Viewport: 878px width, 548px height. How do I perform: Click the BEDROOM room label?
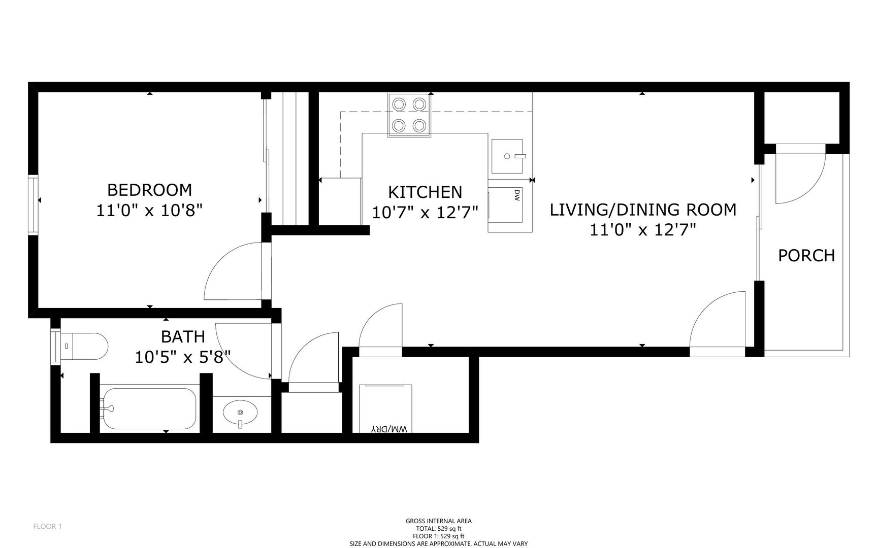pyautogui.click(x=150, y=190)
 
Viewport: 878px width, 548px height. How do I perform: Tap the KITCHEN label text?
pyautogui.click(x=425, y=192)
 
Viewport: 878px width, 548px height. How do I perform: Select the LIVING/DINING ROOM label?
pyautogui.click(x=643, y=210)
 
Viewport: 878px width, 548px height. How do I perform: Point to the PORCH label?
pyautogui.click(x=806, y=255)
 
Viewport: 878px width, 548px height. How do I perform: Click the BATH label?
pyautogui.click(x=183, y=336)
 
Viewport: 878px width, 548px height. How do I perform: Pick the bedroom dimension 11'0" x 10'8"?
pyautogui.click(x=150, y=210)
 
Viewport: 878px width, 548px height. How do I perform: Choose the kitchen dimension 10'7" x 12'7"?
pyautogui.click(x=425, y=212)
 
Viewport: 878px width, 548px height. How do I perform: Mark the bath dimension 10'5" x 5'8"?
pyautogui.click(x=183, y=357)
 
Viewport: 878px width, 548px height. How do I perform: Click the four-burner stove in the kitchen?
pyautogui.click(x=409, y=115)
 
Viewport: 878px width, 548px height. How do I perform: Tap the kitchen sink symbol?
pyautogui.click(x=507, y=156)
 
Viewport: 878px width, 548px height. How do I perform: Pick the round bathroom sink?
pyautogui.click(x=240, y=412)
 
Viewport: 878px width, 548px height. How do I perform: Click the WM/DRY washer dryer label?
pyautogui.click(x=389, y=429)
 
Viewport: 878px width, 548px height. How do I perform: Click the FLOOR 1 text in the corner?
pyautogui.click(x=47, y=526)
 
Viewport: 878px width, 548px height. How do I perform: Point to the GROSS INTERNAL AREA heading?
pyautogui.click(x=438, y=521)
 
